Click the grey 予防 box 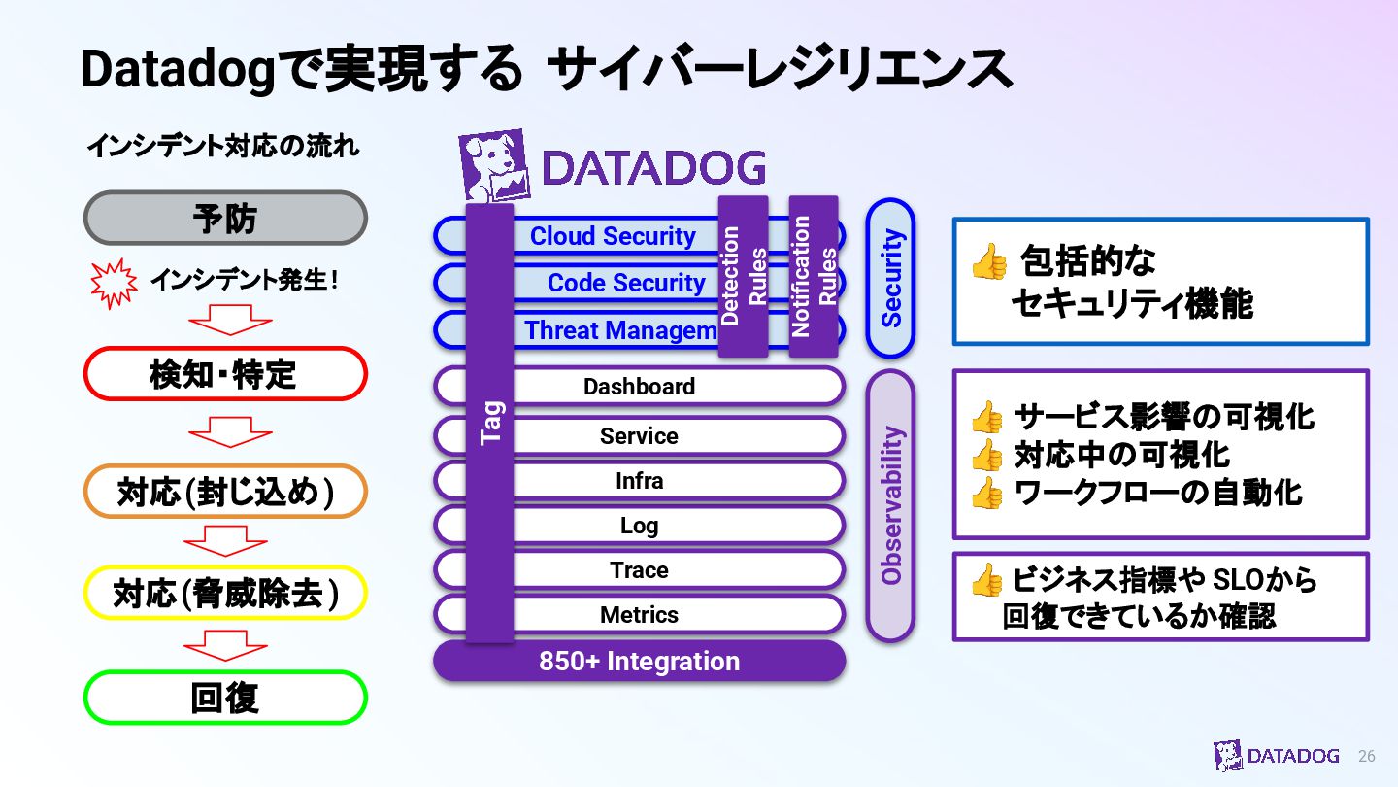click(x=225, y=218)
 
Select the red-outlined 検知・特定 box click(x=225, y=374)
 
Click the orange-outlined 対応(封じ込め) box click(x=225, y=492)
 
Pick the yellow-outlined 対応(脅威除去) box click(x=225, y=593)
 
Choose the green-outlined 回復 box click(x=225, y=698)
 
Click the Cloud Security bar click(x=613, y=236)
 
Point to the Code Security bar click(x=625, y=283)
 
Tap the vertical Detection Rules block click(x=744, y=276)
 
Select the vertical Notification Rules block click(x=814, y=276)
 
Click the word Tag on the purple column click(x=490, y=423)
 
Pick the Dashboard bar click(x=639, y=387)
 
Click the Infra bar click(x=639, y=481)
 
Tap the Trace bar click(x=639, y=570)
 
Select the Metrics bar click(x=639, y=615)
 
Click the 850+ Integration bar click(x=639, y=662)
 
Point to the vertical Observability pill click(x=890, y=505)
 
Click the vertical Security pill click(x=890, y=278)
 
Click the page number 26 click(x=1366, y=756)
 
